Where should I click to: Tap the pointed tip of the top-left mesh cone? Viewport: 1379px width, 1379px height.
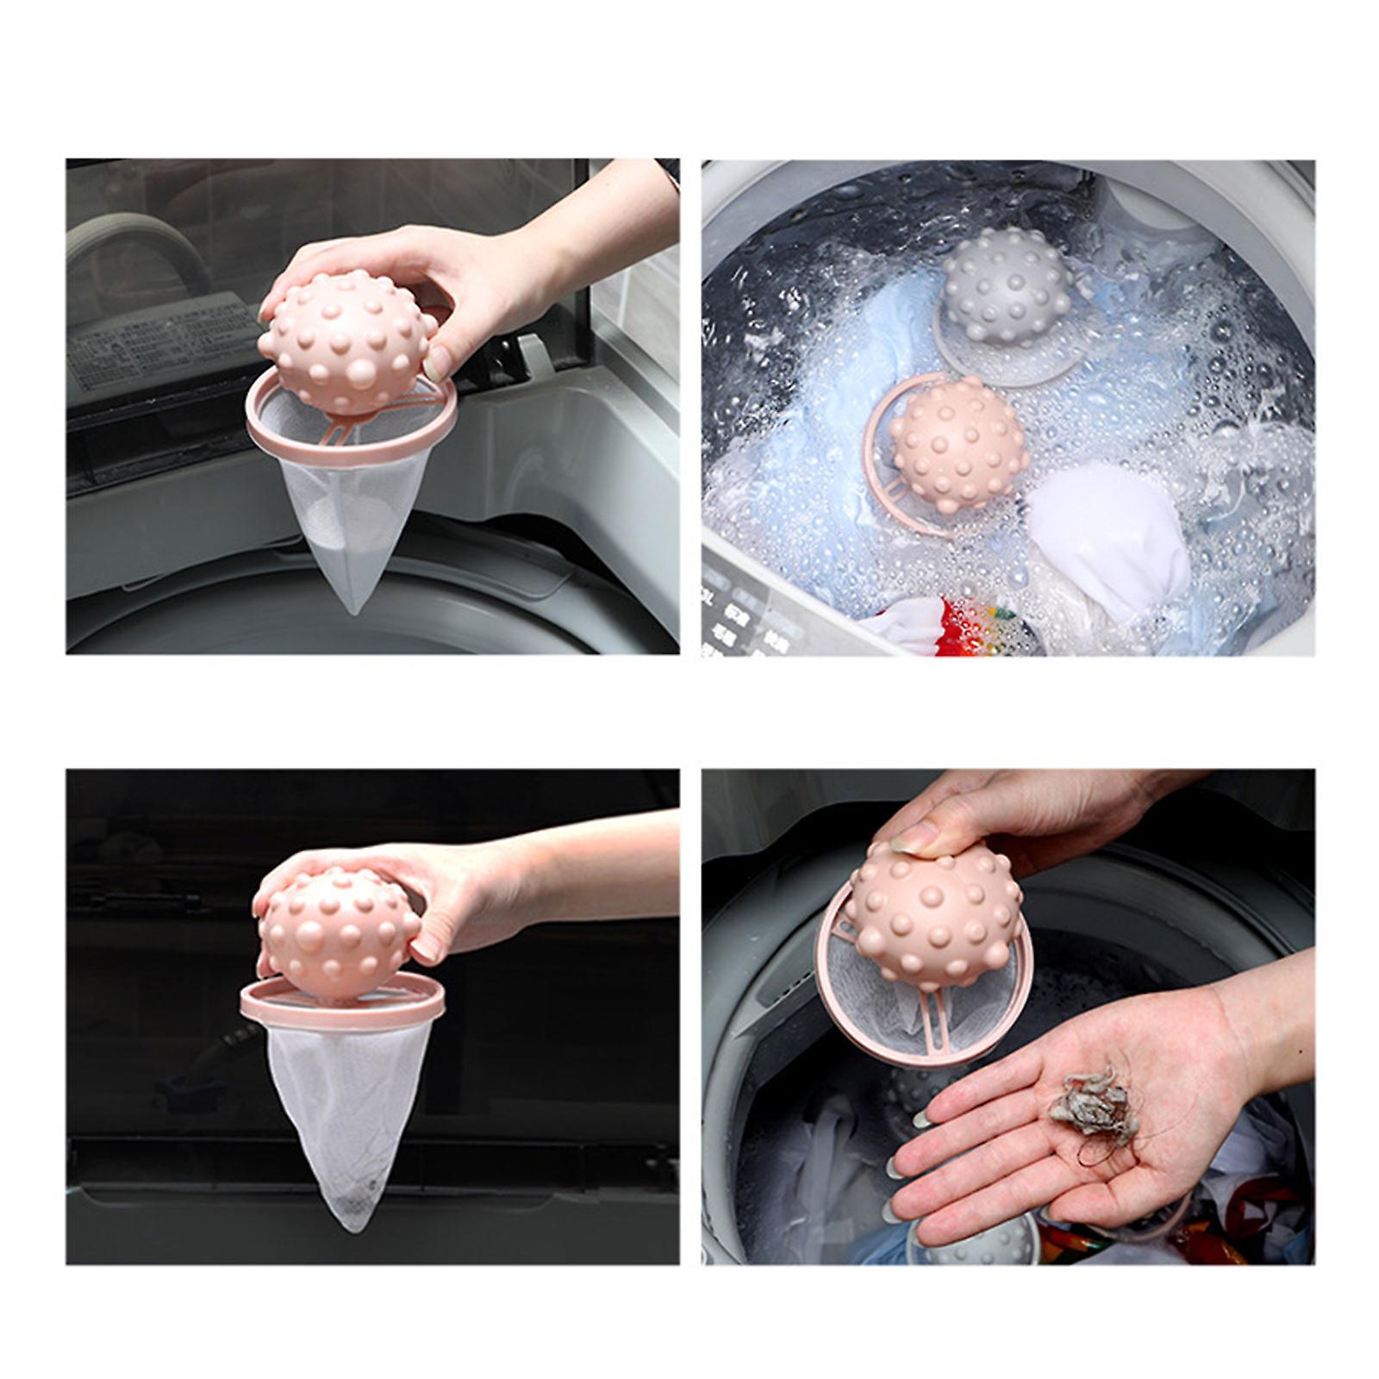click(x=353, y=609)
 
